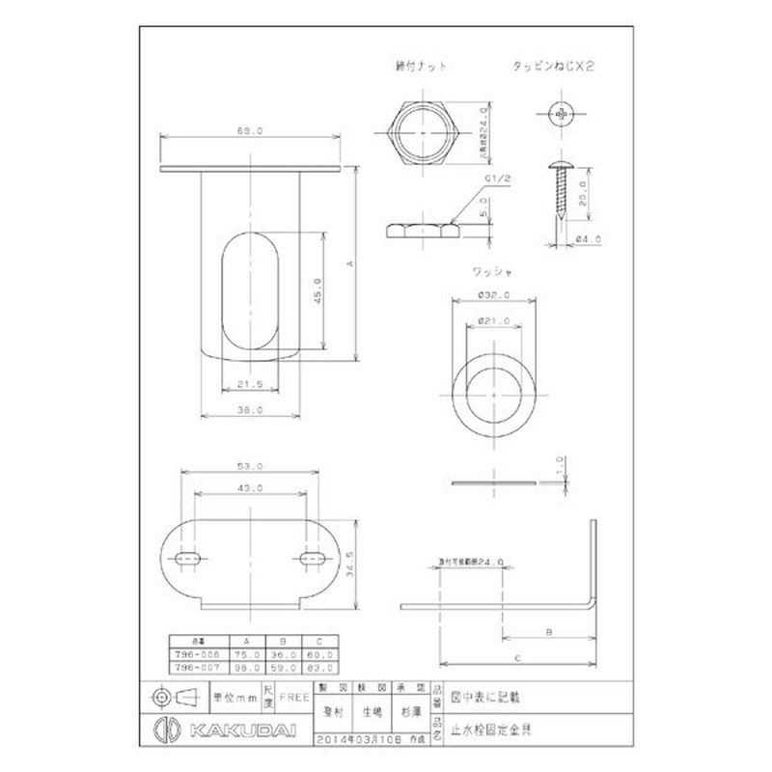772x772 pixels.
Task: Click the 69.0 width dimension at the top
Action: (x=250, y=131)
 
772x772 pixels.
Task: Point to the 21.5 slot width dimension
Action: (x=250, y=383)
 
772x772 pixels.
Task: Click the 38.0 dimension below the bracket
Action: (x=250, y=409)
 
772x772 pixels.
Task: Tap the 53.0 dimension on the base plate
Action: (x=250, y=466)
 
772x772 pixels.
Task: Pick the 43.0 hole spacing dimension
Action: (x=250, y=489)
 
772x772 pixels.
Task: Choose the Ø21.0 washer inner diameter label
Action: (x=493, y=320)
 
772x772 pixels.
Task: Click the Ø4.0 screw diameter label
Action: (x=590, y=239)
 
